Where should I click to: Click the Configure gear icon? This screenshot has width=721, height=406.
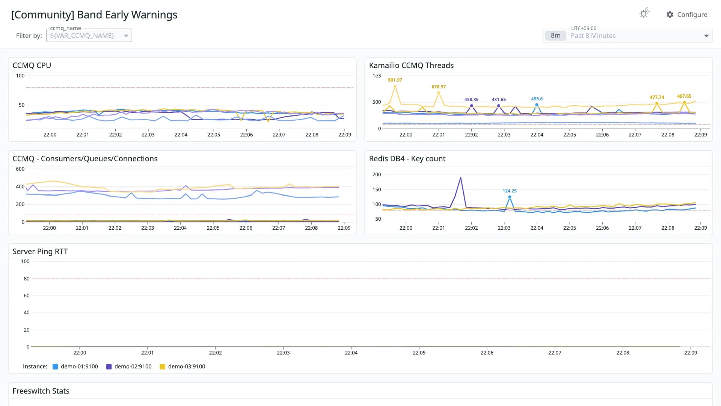click(670, 15)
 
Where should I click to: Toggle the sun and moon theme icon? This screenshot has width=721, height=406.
click(644, 13)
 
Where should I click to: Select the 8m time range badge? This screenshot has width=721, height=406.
click(555, 36)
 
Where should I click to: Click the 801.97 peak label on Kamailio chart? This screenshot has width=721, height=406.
click(395, 80)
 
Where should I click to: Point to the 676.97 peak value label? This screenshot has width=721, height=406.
click(439, 87)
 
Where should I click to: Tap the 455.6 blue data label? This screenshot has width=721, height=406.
click(537, 99)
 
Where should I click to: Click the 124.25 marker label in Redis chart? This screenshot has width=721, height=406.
click(510, 191)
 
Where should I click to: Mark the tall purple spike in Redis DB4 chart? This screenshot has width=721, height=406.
click(460, 177)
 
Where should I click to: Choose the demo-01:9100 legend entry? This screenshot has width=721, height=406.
click(75, 367)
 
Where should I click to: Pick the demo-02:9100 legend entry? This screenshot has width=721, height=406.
click(129, 367)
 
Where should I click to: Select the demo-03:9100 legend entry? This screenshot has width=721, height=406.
click(183, 367)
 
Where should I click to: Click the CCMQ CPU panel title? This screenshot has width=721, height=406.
click(32, 65)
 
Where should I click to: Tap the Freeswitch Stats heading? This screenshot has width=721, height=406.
click(41, 391)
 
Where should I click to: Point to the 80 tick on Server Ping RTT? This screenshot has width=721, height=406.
click(26, 279)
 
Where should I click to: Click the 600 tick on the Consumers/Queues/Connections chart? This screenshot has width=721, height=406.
click(20, 169)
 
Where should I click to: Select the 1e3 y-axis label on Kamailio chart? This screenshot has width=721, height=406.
click(377, 76)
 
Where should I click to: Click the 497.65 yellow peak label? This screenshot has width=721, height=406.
click(684, 96)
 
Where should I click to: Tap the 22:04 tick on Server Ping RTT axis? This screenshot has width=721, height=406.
click(351, 353)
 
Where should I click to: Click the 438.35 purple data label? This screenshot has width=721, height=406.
click(471, 100)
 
